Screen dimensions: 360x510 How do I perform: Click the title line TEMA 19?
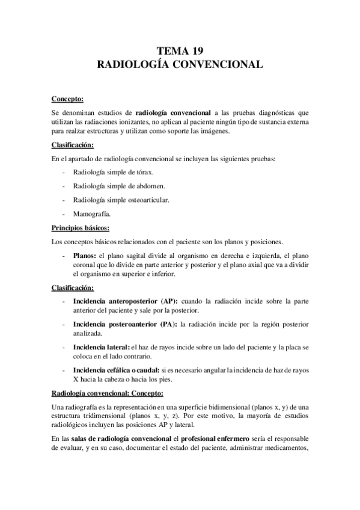tap(180, 51)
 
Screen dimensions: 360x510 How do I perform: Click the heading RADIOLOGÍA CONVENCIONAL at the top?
tap(180, 65)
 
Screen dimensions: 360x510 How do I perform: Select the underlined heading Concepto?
tap(67, 98)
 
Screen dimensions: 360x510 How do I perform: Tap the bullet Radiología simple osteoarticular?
tap(121, 199)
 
